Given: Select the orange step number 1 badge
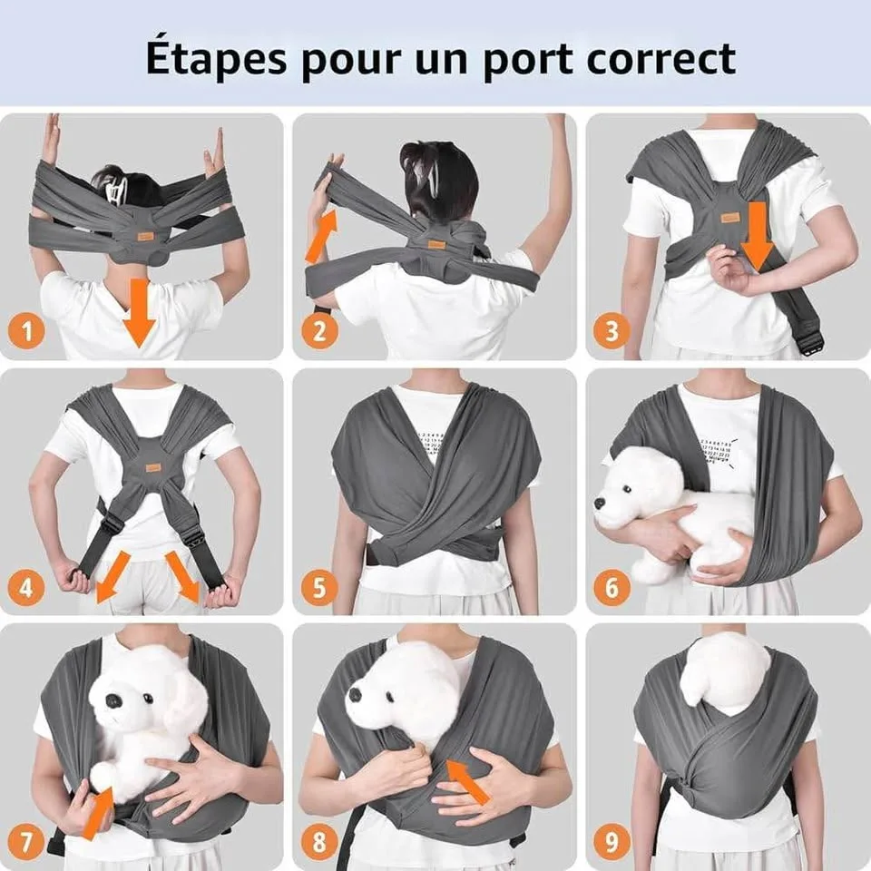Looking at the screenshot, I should pyautogui.click(x=26, y=331).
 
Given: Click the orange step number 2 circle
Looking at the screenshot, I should pyautogui.click(x=318, y=331).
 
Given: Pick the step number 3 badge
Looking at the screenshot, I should pyautogui.click(x=612, y=331).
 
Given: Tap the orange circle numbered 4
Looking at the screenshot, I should pyautogui.click(x=26, y=588).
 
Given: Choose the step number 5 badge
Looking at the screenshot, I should pyautogui.click(x=318, y=588).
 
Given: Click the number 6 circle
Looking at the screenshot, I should pyautogui.click(x=612, y=588).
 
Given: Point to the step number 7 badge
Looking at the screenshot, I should pyautogui.click(x=26, y=843).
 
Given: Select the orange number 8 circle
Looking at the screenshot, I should pyautogui.click(x=318, y=843).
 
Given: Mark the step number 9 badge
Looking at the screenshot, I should pyautogui.click(x=612, y=843).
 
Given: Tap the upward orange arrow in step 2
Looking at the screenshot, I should pyautogui.click(x=318, y=235).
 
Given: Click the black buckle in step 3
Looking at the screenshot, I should pyautogui.click(x=810, y=341).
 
